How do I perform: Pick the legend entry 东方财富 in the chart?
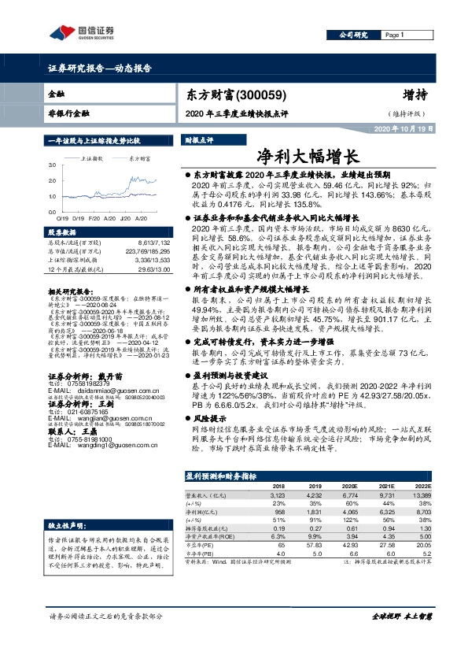pyautogui.click(x=141, y=158)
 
